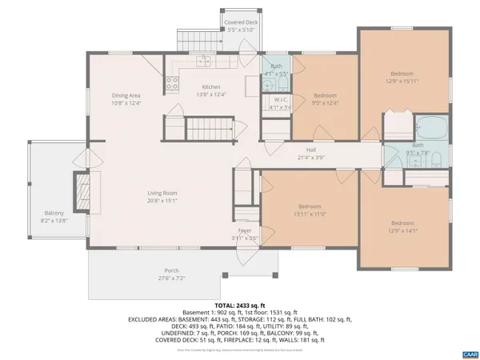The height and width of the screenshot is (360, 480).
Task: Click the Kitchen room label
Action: [211, 86]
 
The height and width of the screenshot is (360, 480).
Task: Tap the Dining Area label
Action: [126, 95]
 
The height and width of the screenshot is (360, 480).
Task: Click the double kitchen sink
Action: [205, 62]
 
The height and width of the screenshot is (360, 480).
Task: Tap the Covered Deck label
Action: [239, 23]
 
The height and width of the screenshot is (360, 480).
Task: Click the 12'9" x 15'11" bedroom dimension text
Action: [402, 81]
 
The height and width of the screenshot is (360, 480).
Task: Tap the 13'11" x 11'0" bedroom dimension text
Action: [310, 214]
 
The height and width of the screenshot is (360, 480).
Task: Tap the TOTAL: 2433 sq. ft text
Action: [239, 305]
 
